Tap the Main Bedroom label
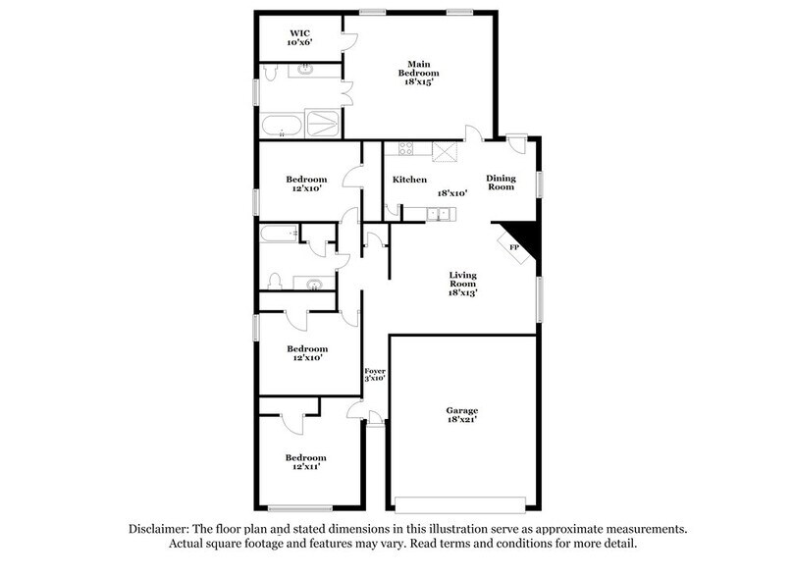pyautogui.click(x=418, y=67)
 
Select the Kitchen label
pyautogui.click(x=409, y=180)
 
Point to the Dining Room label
pyautogui.click(x=501, y=183)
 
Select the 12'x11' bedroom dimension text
pyautogui.click(x=306, y=468)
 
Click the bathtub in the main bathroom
pyautogui.click(x=283, y=125)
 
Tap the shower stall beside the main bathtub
pyautogui.click(x=321, y=124)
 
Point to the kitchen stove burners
pyautogui.click(x=403, y=150)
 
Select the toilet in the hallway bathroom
pyautogui.click(x=276, y=282)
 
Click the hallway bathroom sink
pyautogui.click(x=314, y=286)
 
